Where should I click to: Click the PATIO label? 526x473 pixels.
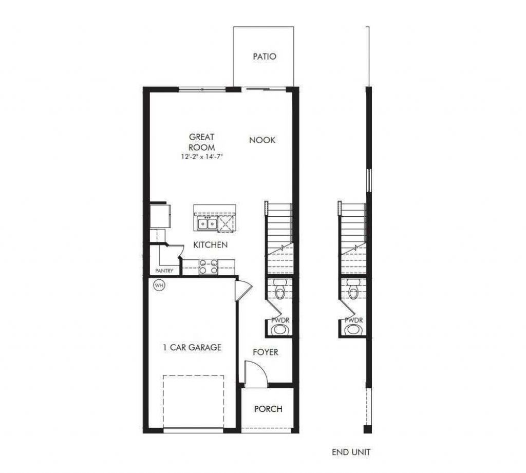[264, 56]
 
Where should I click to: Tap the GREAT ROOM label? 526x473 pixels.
[201, 142]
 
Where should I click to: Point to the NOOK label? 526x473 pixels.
[262, 140]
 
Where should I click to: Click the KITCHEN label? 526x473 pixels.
[210, 245]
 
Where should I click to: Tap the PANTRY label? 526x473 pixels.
[164, 271]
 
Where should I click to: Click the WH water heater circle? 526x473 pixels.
[158, 285]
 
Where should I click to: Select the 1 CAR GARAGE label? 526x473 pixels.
[192, 348]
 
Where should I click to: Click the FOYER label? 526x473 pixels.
[265, 352]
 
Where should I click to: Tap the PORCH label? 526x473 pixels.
[268, 409]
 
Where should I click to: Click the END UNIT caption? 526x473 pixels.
[351, 452]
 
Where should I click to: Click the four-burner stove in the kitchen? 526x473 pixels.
[208, 267]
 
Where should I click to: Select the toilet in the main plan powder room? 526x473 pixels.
[279, 291]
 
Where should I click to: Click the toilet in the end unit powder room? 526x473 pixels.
[353, 291]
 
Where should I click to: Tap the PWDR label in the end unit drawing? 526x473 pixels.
[353, 320]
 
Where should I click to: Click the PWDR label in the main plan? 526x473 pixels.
[280, 320]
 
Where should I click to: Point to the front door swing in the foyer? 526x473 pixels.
[255, 374]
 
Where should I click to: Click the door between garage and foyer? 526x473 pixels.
[243, 291]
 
